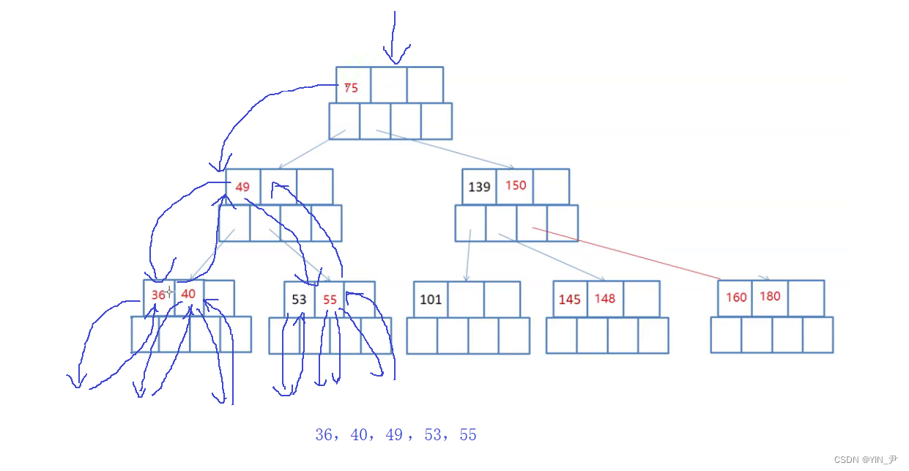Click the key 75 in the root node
(351, 88)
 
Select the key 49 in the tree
(242, 187)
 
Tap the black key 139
(479, 187)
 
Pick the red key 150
(516, 185)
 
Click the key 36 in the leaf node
(158, 295)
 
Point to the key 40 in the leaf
(188, 294)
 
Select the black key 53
(299, 300)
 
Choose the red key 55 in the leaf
(330, 300)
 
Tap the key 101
(431, 300)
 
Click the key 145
(569, 300)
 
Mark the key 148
(605, 299)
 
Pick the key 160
(736, 297)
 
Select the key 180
(770, 297)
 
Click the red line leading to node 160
(630, 253)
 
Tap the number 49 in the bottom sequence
(394, 435)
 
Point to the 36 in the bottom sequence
(324, 435)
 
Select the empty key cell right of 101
(466, 300)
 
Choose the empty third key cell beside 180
(806, 297)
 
